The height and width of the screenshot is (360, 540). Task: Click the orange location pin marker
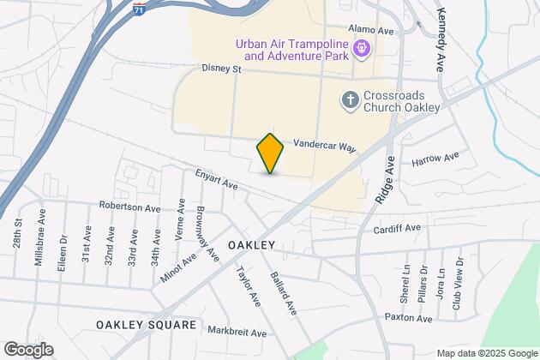pos(270,153)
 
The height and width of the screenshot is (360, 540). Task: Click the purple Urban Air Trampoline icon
pos(362,49)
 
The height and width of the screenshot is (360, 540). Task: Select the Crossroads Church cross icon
pos(349,99)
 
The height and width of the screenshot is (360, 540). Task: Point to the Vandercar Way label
pos(324,147)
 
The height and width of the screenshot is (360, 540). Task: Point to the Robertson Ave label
pos(129,207)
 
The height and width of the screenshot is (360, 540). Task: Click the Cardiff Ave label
pos(397,229)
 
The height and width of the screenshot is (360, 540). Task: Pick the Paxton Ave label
pos(408,318)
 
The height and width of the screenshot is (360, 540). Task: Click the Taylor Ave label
pos(248,288)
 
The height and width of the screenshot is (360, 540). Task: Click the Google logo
pos(27,349)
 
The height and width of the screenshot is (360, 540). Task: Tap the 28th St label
pos(18,234)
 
